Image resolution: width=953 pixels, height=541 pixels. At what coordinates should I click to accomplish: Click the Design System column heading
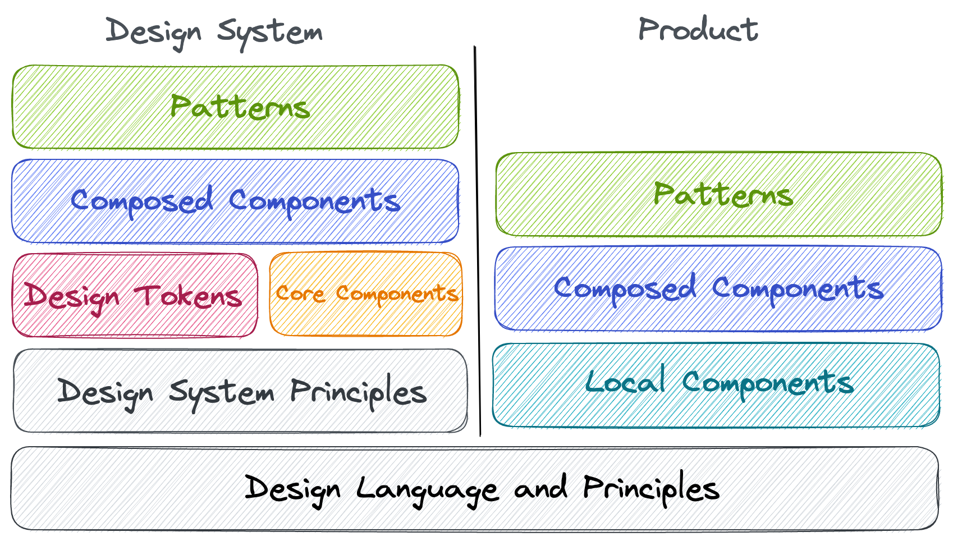pyautogui.click(x=214, y=32)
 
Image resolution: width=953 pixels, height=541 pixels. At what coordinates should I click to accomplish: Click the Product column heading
pyautogui.click(x=698, y=29)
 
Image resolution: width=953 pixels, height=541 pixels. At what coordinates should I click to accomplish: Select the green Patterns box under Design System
pyautogui.click(x=236, y=107)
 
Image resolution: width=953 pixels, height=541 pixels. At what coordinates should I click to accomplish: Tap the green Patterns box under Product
pyautogui.click(x=718, y=194)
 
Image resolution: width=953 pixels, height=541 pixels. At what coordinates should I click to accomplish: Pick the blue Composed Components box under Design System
pyautogui.click(x=235, y=201)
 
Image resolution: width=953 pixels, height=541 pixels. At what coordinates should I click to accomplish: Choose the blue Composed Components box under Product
pyautogui.click(x=718, y=288)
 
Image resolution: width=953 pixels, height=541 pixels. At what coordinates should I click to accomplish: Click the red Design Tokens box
pyautogui.click(x=135, y=295)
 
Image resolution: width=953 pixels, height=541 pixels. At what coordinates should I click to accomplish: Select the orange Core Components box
pyautogui.click(x=366, y=294)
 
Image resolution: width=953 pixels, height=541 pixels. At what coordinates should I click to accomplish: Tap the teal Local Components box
pyautogui.click(x=716, y=384)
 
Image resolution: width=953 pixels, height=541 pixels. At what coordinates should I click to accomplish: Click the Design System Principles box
pyautogui.click(x=240, y=391)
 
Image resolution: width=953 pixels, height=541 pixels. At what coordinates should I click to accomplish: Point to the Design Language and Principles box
pyautogui.click(x=475, y=488)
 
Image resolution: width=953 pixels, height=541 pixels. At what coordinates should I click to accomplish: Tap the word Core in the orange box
pyautogui.click(x=300, y=294)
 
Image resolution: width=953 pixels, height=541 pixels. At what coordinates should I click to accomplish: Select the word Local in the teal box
pyautogui.click(x=625, y=382)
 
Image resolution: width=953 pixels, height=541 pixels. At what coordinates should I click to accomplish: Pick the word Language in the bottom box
pyautogui.click(x=427, y=489)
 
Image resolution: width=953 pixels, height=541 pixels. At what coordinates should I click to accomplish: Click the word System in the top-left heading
pyautogui.click(x=269, y=33)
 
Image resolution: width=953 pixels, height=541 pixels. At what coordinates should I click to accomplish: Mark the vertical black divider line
pyautogui.click(x=477, y=241)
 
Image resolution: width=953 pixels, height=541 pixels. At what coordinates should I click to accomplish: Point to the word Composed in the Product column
pyautogui.click(x=625, y=288)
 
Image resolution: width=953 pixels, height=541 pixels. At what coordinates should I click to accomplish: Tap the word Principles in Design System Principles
pyautogui.click(x=358, y=391)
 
